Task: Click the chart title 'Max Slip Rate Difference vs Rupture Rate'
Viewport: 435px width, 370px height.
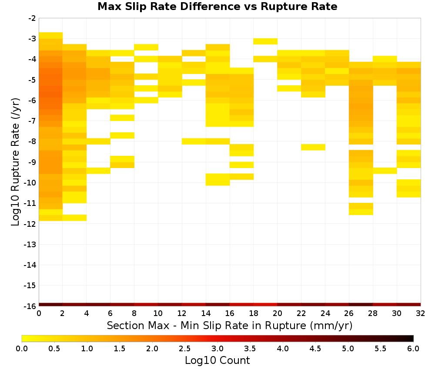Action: click(x=217, y=7)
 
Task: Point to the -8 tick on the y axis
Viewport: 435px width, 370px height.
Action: click(x=32, y=141)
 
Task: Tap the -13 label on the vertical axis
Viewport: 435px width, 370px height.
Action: click(x=30, y=245)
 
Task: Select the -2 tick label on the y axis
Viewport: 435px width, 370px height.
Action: click(x=32, y=18)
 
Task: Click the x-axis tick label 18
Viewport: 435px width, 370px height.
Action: click(x=254, y=313)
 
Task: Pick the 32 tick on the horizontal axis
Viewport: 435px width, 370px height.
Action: click(x=421, y=313)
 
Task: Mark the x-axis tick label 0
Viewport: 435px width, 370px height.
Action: click(x=39, y=313)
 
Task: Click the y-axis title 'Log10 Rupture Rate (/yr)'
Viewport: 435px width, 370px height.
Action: click(x=16, y=162)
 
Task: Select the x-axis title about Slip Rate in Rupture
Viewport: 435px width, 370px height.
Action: click(x=230, y=326)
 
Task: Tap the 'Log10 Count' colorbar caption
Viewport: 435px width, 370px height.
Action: click(x=217, y=360)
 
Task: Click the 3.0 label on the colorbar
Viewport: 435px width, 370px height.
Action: click(x=217, y=348)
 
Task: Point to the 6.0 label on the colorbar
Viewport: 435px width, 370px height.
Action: click(x=413, y=348)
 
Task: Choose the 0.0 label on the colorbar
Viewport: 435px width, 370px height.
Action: click(x=22, y=348)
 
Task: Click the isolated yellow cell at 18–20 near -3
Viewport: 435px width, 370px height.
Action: click(x=265, y=41)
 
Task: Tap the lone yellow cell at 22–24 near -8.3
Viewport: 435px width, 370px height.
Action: click(x=313, y=147)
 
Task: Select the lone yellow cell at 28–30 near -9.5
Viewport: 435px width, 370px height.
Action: click(x=385, y=171)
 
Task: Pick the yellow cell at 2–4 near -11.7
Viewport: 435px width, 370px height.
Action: click(x=75, y=218)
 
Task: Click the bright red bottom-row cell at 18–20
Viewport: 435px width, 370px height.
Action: click(x=265, y=305)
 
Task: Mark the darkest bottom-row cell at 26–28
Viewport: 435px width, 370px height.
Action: click(x=361, y=305)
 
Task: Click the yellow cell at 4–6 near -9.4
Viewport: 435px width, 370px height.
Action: click(x=98, y=171)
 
